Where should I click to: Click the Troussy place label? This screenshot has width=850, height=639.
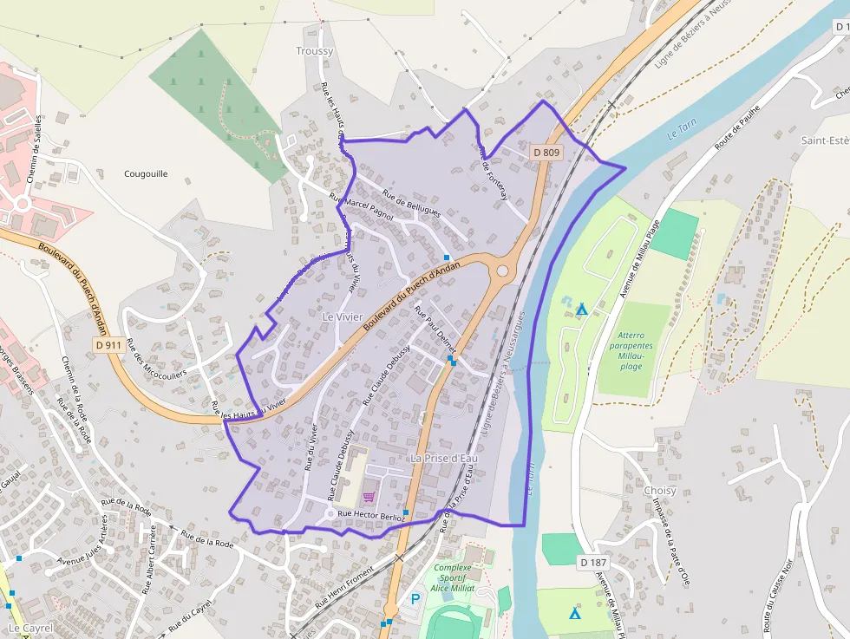point(314,51)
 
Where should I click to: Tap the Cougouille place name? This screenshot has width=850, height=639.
point(146,173)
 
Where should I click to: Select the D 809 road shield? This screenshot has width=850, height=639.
point(547,153)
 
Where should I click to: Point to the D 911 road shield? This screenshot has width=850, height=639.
point(108,345)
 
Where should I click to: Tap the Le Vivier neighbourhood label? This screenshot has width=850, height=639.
point(342,317)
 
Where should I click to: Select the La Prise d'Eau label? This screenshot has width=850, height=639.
point(443,457)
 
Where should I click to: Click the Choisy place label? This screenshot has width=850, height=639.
point(660,490)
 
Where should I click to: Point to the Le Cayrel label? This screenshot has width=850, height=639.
point(30,627)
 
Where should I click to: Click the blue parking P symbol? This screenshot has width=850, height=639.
point(415,599)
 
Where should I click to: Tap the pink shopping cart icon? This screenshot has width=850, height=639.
point(369,497)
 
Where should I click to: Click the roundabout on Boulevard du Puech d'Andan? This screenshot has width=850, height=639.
point(502,271)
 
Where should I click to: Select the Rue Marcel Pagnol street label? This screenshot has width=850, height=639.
point(361,207)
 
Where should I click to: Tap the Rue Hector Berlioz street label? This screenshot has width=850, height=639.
point(370,515)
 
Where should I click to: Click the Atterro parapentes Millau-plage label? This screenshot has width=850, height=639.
point(637,350)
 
